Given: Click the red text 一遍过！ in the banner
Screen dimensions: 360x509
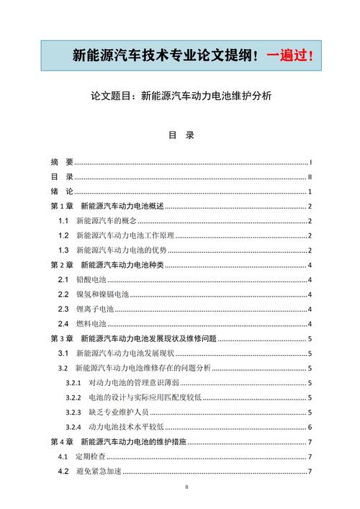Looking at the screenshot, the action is coord(290,55).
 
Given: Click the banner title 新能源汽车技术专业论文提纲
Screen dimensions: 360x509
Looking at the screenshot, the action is coord(165,55).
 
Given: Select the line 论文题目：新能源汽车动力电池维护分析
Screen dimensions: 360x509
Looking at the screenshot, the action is coord(180,95).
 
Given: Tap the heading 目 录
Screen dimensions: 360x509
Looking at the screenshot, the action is coord(181,135).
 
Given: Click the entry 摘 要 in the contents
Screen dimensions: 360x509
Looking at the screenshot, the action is coord(61,162).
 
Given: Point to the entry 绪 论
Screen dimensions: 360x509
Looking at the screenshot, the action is coord(61,192).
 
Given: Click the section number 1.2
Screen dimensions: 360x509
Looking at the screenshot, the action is coord(63,235).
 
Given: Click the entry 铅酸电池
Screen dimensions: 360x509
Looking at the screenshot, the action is coord(91,279).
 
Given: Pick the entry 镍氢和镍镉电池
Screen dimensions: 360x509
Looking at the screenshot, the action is coord(102,294).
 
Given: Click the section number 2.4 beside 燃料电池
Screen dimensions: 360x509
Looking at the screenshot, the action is coord(63,324).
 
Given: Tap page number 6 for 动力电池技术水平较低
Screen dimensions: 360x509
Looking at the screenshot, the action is coord(309,426).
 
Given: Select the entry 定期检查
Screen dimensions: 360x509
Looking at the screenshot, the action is coord(91,456).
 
